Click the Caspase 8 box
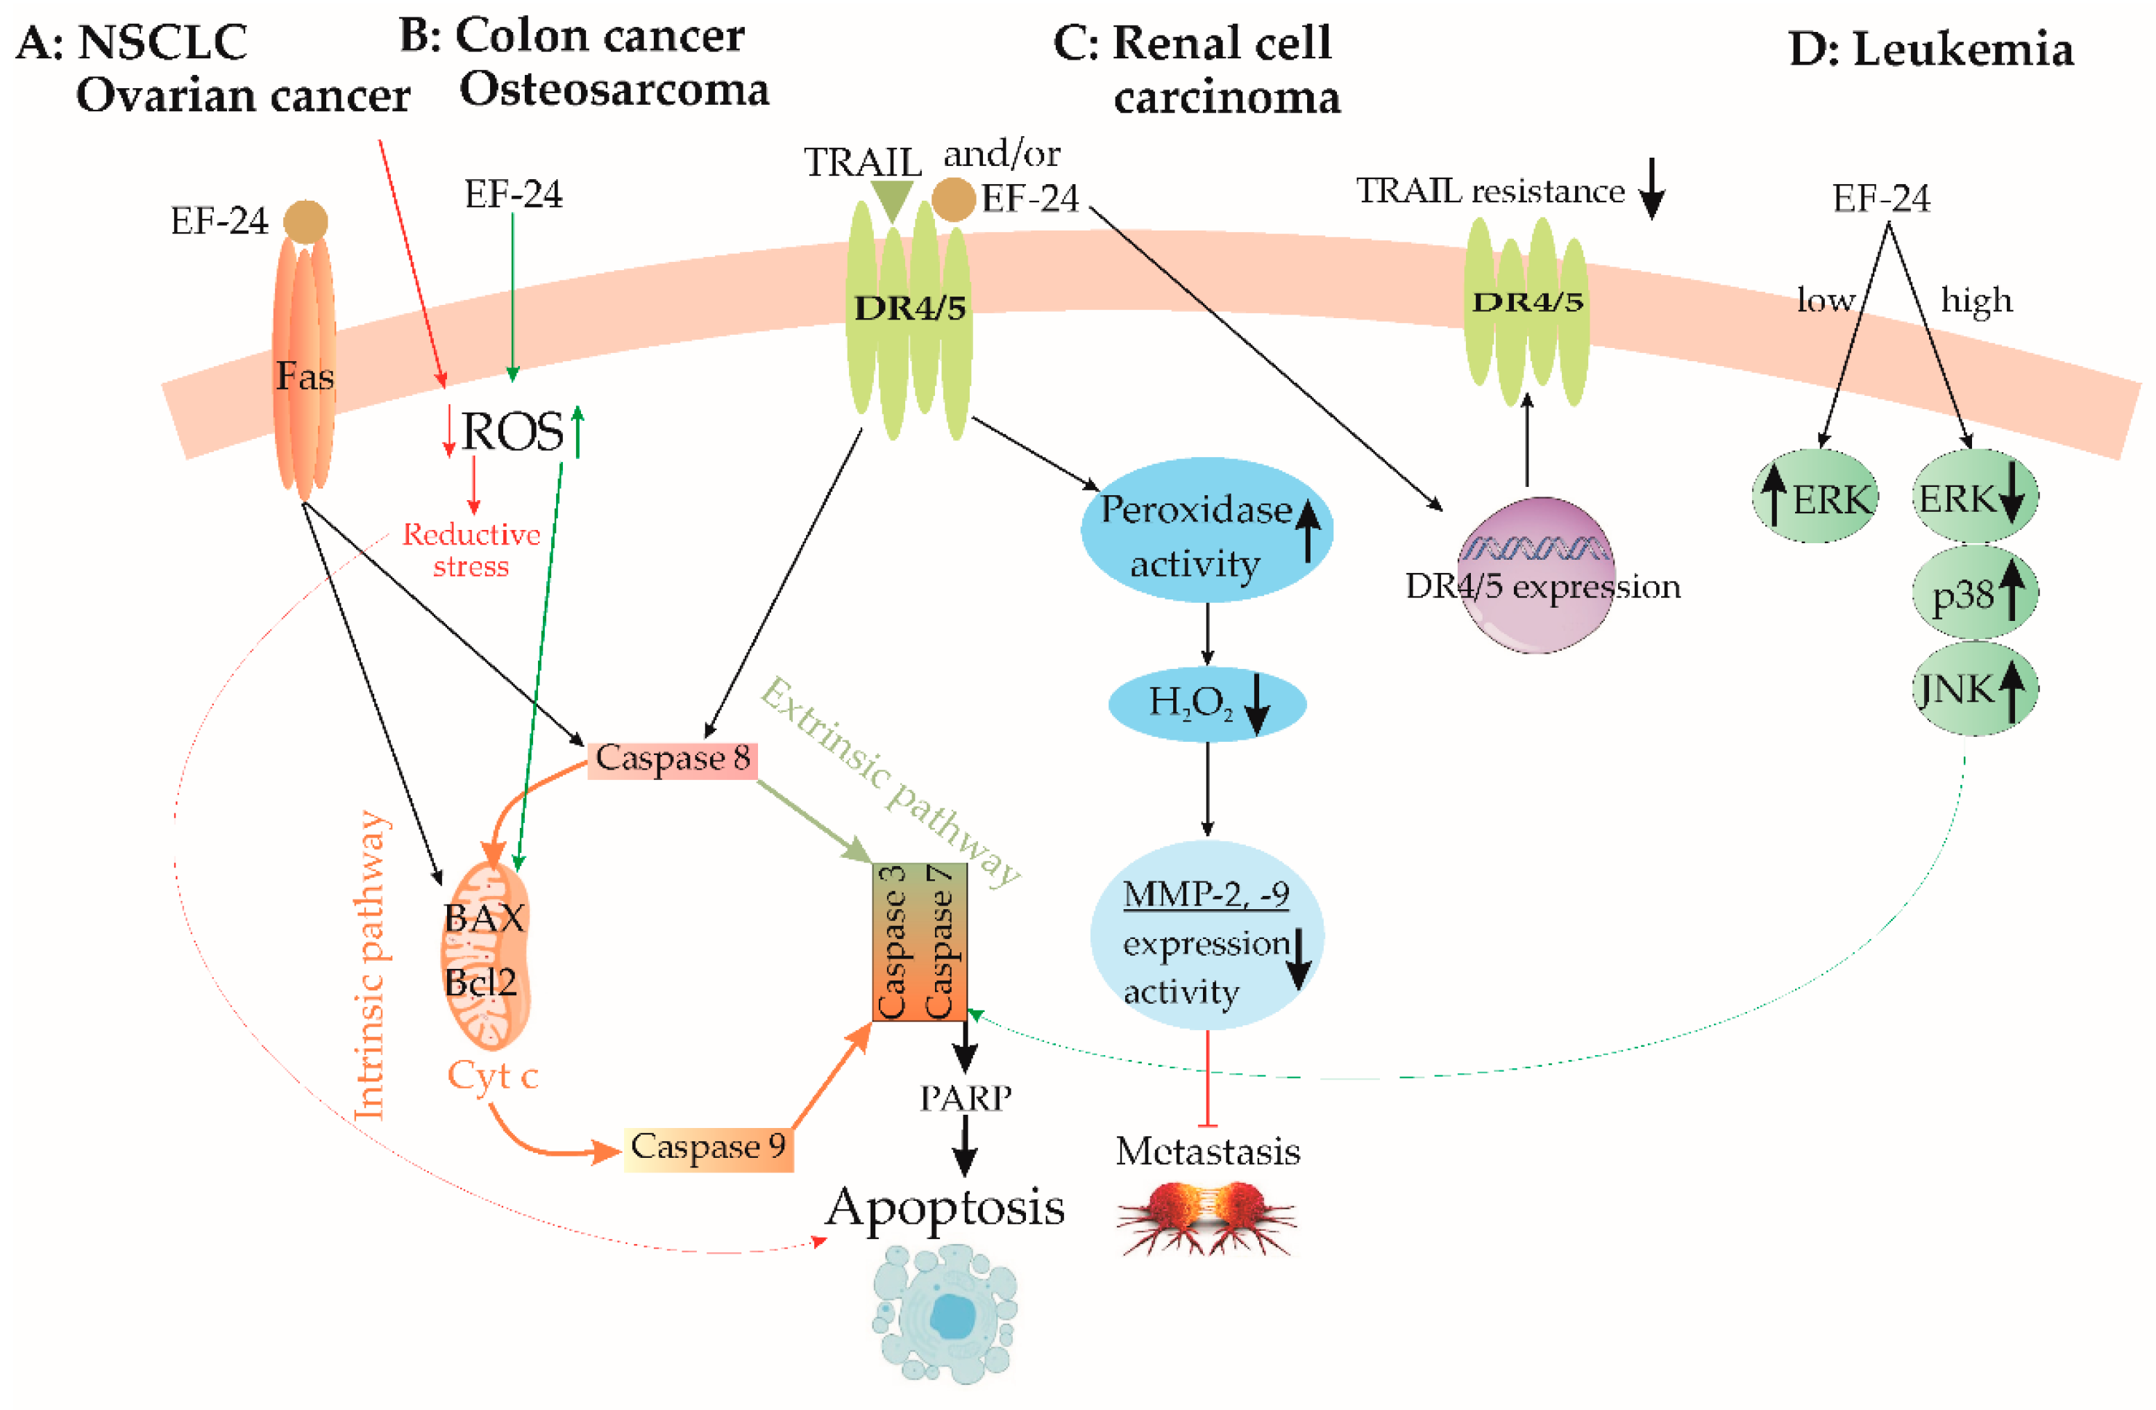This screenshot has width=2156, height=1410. click(x=672, y=758)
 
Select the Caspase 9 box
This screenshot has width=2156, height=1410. click(x=709, y=1147)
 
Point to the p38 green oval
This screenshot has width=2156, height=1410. click(x=1974, y=594)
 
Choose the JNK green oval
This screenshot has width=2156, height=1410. click(x=1974, y=690)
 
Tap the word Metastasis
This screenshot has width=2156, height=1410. click(x=1208, y=1152)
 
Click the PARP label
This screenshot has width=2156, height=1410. click(x=966, y=1098)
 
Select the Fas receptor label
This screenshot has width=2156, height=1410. click(x=304, y=375)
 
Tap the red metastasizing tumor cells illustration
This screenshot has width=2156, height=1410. click(x=1208, y=1216)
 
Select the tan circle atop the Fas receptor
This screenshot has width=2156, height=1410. click(x=305, y=221)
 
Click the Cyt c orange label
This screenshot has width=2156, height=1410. click(x=493, y=1076)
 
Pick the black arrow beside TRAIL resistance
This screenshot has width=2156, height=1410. click(x=1652, y=188)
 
